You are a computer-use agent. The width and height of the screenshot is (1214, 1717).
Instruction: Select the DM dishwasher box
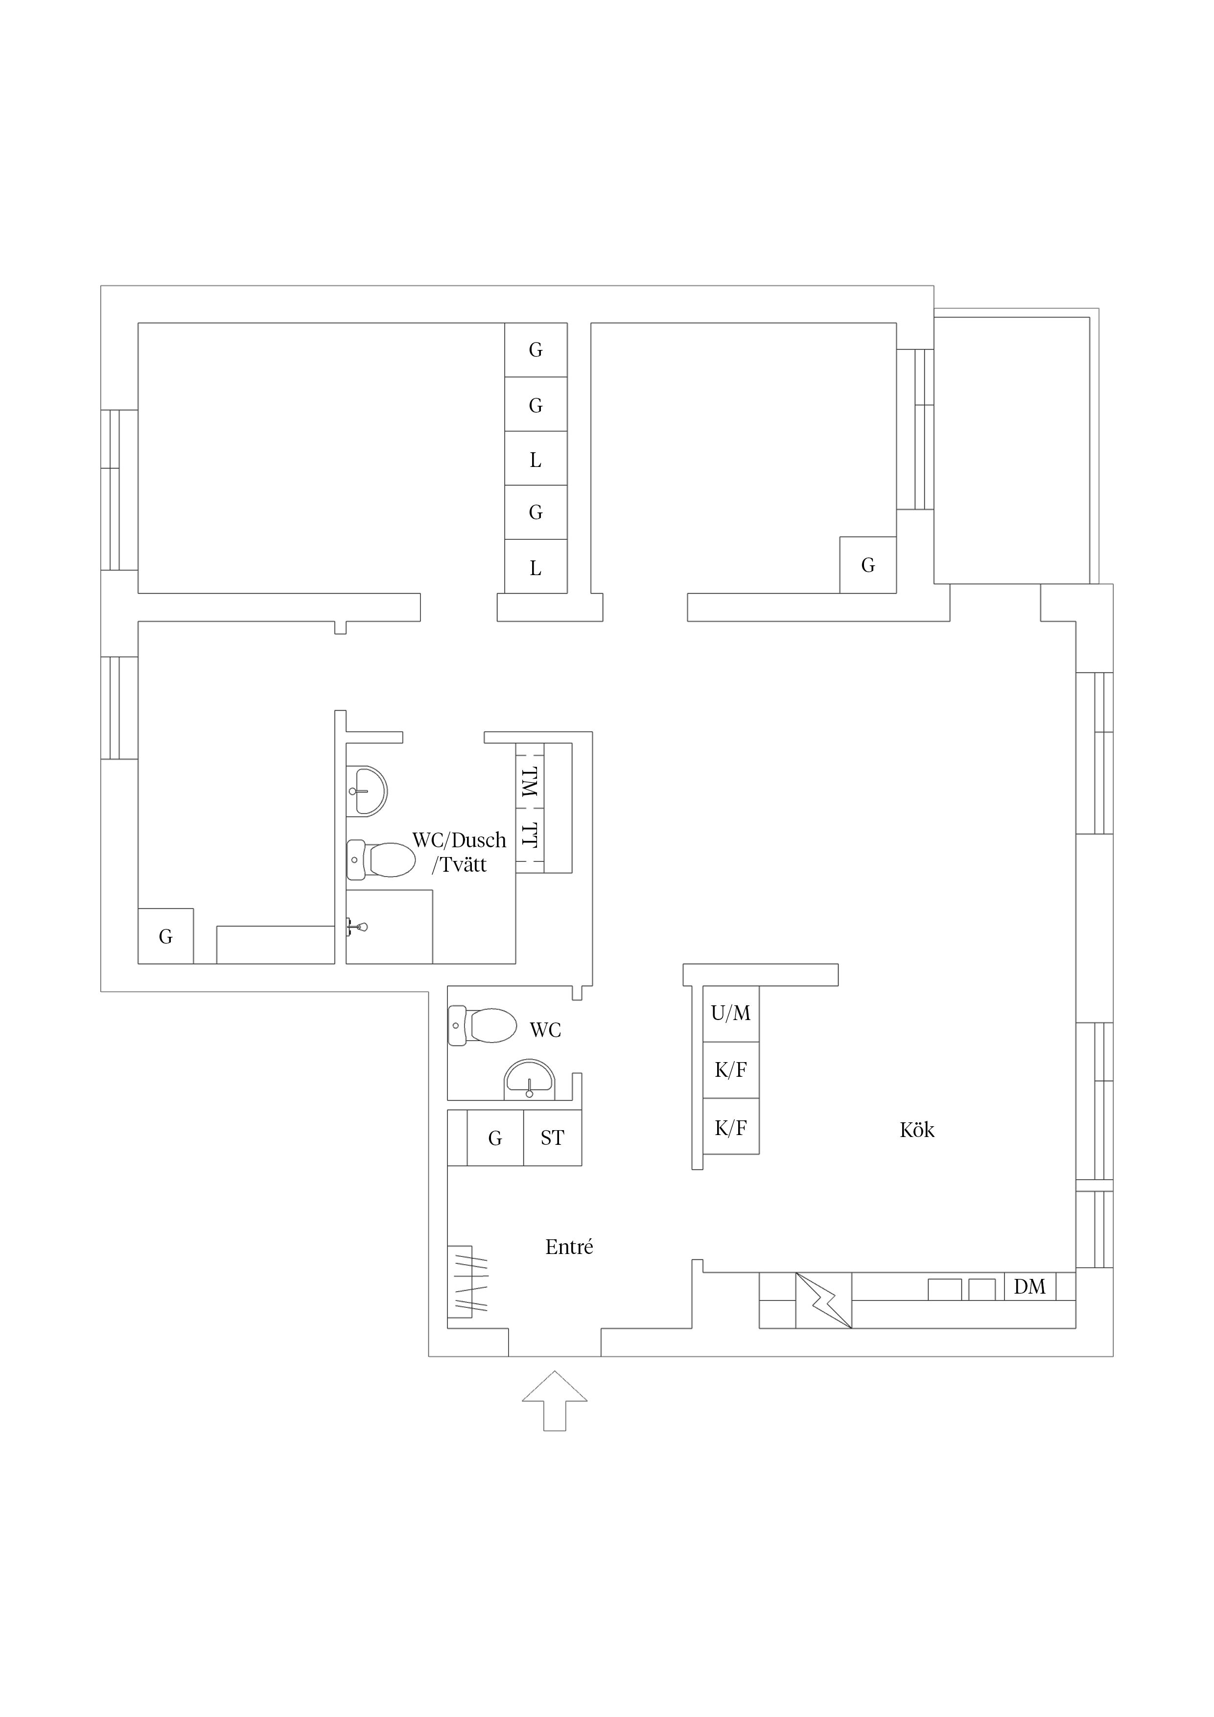pyautogui.click(x=1029, y=1286)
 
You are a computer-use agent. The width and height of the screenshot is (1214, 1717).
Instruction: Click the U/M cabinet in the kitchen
pyautogui.click(x=731, y=1013)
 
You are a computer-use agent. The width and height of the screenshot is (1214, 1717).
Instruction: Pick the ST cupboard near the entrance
pyautogui.click(x=552, y=1137)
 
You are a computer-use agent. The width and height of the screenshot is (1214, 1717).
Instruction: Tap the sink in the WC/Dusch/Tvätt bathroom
pyautogui.click(x=367, y=791)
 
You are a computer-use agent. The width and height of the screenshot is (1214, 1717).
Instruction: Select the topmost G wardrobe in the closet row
pyautogui.click(x=536, y=349)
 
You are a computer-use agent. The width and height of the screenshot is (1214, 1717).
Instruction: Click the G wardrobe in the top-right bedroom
pyautogui.click(x=868, y=565)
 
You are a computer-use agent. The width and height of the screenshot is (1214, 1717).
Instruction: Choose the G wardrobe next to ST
pyautogui.click(x=495, y=1137)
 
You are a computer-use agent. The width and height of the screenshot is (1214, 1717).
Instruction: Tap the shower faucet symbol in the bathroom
pyautogui.click(x=357, y=928)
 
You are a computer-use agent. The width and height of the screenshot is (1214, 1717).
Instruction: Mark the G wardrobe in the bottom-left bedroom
pyautogui.click(x=166, y=936)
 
